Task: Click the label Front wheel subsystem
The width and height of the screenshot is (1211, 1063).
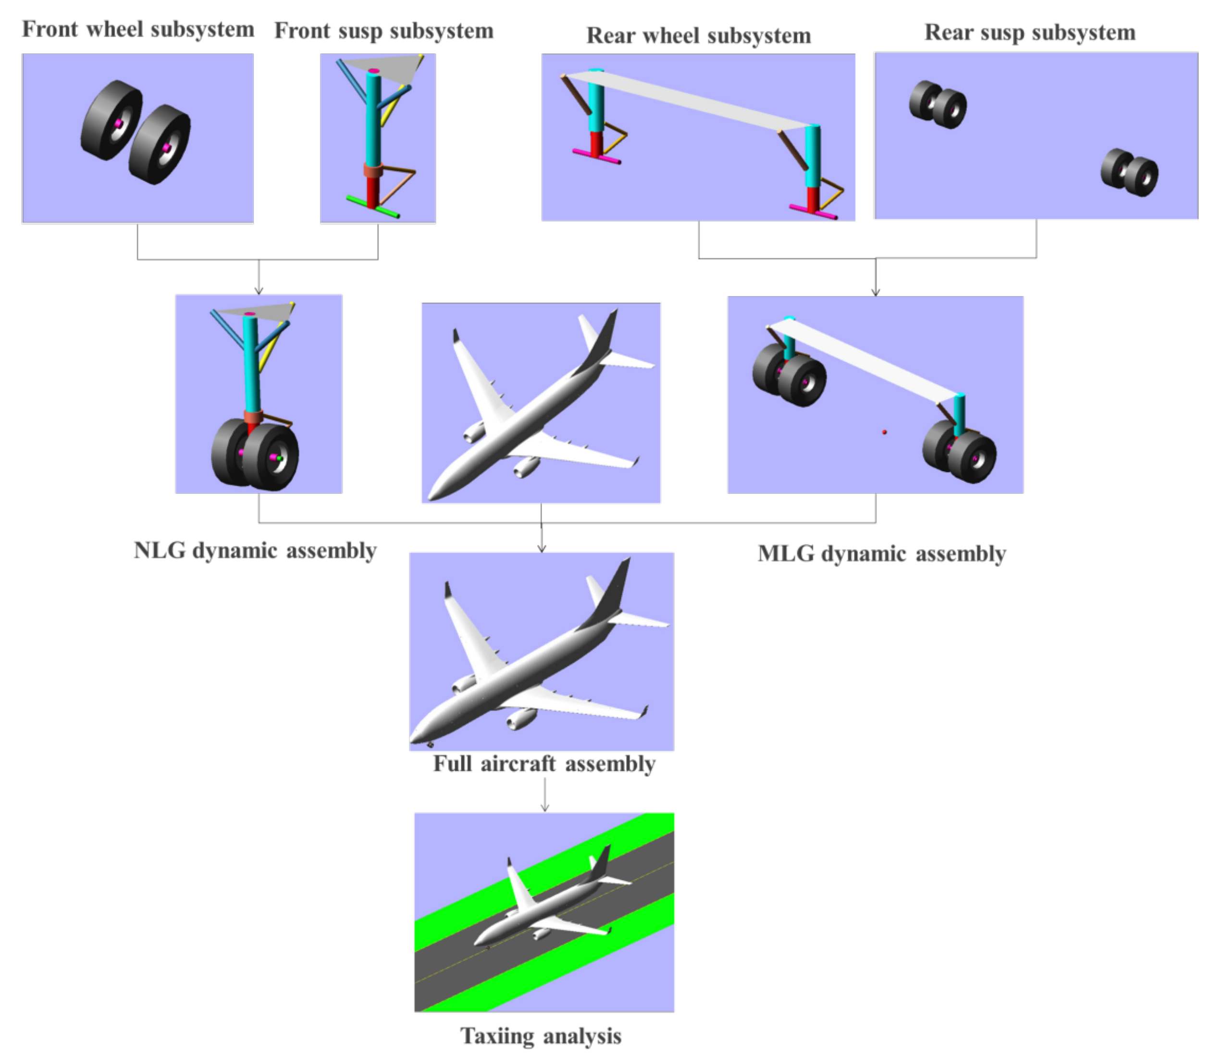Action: (x=138, y=29)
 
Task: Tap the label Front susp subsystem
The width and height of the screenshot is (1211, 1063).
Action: (x=384, y=30)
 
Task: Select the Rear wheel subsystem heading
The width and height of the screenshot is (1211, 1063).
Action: (x=699, y=36)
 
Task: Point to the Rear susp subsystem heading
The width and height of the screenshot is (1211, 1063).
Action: (x=1030, y=32)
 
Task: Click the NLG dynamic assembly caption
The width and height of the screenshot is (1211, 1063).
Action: (x=255, y=550)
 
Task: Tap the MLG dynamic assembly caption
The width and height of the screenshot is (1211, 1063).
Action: (x=882, y=554)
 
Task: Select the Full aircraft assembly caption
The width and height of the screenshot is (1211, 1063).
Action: (x=544, y=763)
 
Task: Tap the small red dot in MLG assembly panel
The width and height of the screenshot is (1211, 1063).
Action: (x=885, y=432)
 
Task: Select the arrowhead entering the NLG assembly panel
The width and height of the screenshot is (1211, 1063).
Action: (x=259, y=290)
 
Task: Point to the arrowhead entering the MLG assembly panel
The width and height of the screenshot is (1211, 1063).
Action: (x=876, y=292)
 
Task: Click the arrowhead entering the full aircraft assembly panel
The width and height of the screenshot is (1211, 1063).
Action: (x=542, y=549)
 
